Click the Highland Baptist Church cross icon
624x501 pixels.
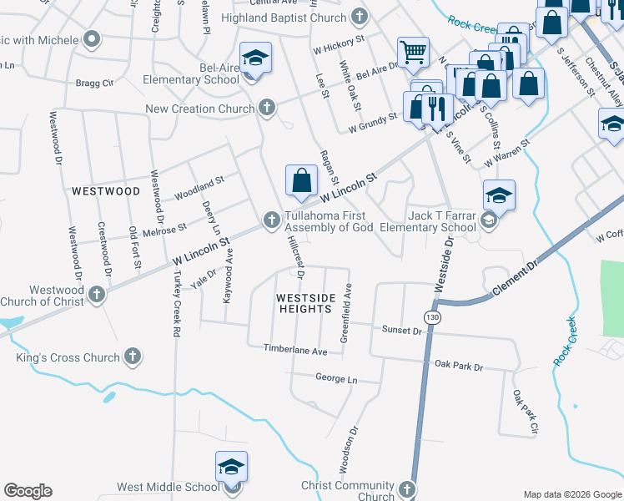click(x=359, y=16)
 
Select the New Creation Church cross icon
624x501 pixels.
click(x=266, y=107)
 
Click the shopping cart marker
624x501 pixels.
click(x=413, y=53)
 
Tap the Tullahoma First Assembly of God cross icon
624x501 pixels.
click(x=271, y=220)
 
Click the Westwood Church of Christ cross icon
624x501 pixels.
click(x=98, y=294)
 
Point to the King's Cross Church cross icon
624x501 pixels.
click(x=131, y=357)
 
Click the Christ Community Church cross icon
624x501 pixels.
click(x=406, y=488)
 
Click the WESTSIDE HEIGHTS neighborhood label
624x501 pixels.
click(x=305, y=303)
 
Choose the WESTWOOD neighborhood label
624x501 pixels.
click(x=106, y=191)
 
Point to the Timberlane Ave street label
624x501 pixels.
click(x=296, y=351)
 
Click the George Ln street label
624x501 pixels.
click(x=335, y=378)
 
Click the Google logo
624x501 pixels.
click(x=28, y=491)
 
